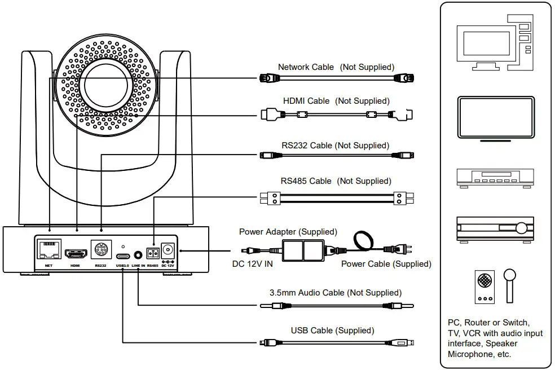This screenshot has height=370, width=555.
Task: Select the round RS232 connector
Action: pyautogui.click(x=101, y=250)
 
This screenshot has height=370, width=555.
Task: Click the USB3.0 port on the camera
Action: pyautogui.click(x=122, y=253)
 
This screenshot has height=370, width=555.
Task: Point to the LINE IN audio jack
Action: pyautogui.click(x=138, y=252)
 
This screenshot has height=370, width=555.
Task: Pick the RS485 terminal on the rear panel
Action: pyautogui.click(x=152, y=252)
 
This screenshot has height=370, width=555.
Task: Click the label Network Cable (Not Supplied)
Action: pyautogui.click(x=336, y=67)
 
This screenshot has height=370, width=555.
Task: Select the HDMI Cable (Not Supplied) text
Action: pyautogui.click(x=336, y=101)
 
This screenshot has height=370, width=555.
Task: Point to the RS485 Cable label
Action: pyautogui.click(x=336, y=181)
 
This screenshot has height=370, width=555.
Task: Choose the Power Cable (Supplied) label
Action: pyautogui.click(x=386, y=263)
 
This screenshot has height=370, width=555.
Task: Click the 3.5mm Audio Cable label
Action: pyautogui.click(x=336, y=293)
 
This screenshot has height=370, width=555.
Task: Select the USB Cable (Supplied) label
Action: pyautogui.click(x=332, y=331)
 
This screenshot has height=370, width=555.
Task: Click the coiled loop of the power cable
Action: pyautogui.click(x=362, y=240)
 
